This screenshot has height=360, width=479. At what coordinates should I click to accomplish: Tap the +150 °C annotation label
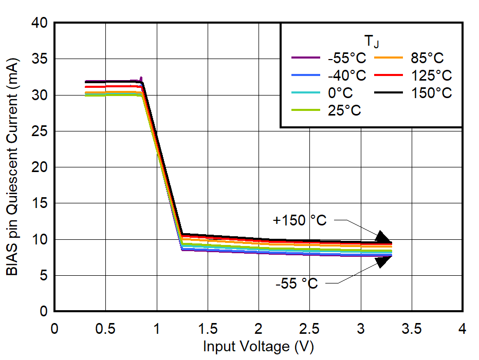[300, 220]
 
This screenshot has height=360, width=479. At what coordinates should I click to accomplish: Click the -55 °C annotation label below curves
[297, 283]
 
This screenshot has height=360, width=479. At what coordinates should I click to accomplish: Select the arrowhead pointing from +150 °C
[383, 237]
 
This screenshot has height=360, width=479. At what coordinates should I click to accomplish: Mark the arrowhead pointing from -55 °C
[383, 261]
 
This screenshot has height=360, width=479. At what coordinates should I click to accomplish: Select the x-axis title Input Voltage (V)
[258, 347]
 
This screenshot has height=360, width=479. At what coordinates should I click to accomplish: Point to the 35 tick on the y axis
[40, 60]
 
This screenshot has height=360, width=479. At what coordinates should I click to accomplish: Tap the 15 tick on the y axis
[40, 204]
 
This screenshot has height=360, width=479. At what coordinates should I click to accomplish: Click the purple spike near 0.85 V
[141, 79]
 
